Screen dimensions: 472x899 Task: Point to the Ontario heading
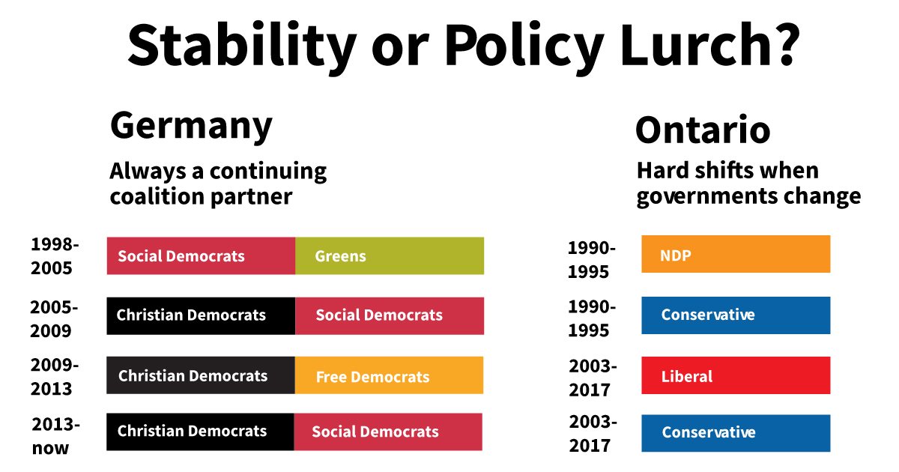click(x=703, y=130)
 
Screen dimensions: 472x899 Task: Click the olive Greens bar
click(x=390, y=256)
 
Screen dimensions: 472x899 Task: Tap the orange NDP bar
click(x=736, y=255)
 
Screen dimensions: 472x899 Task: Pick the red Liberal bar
click(x=736, y=375)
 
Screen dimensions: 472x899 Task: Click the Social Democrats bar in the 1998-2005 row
click(x=201, y=256)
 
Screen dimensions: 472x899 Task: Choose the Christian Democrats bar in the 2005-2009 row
click(x=201, y=315)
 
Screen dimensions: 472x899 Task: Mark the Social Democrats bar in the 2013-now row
click(x=388, y=432)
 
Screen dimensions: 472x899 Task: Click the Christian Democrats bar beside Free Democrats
click(x=201, y=375)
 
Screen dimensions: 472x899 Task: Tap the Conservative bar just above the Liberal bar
click(x=736, y=315)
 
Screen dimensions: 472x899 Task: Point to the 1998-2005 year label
click(x=54, y=255)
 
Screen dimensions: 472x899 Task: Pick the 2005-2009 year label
click(x=54, y=318)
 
